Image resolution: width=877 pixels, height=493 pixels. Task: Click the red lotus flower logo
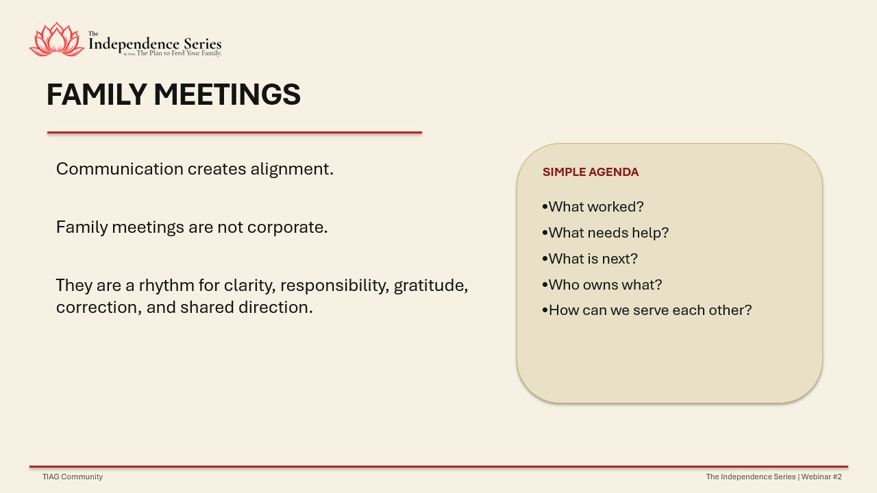57,40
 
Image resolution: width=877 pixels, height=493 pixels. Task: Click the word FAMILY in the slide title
97,94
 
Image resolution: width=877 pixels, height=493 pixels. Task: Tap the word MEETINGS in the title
227,94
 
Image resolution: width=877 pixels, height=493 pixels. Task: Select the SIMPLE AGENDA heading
591,172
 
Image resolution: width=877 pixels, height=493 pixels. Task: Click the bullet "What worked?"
593,207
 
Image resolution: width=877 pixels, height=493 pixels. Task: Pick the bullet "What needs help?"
605,233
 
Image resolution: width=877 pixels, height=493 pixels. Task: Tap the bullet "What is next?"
590,259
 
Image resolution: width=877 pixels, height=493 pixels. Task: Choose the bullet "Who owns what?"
602,285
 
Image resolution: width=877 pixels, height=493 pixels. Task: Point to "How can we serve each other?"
647,310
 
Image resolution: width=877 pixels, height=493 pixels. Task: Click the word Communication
120,169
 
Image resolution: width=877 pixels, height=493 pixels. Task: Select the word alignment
292,169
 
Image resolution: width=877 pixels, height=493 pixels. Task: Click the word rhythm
166,286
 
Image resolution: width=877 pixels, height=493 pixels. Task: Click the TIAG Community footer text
73,477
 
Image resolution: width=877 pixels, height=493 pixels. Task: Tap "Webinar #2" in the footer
822,477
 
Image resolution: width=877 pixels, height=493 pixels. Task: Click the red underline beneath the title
234,133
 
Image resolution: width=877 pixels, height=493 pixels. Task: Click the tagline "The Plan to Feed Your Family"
179,53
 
